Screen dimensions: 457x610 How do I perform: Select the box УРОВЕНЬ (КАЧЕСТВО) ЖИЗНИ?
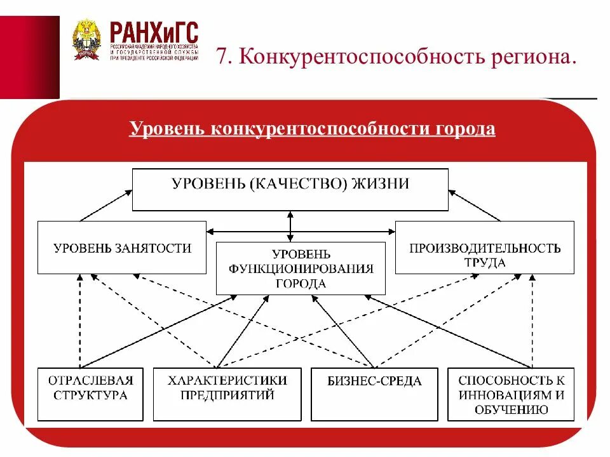click(x=290, y=189)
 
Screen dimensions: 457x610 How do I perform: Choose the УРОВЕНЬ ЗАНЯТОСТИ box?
click(x=122, y=247)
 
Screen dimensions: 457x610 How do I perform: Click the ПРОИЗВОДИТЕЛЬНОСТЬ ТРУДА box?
click(x=484, y=248)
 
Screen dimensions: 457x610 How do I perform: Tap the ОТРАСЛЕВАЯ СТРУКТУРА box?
click(x=90, y=394)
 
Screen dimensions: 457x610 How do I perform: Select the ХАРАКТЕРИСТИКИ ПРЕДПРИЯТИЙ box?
click(x=227, y=394)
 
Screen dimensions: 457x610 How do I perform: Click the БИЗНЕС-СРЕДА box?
click(x=374, y=394)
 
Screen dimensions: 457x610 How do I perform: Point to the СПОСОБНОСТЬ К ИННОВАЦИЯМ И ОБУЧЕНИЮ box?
click(x=511, y=394)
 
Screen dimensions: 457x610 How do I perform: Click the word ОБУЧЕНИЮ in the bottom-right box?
click(x=511, y=409)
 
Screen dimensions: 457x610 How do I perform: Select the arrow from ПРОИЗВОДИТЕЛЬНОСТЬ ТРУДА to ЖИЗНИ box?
click(x=474, y=205)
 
